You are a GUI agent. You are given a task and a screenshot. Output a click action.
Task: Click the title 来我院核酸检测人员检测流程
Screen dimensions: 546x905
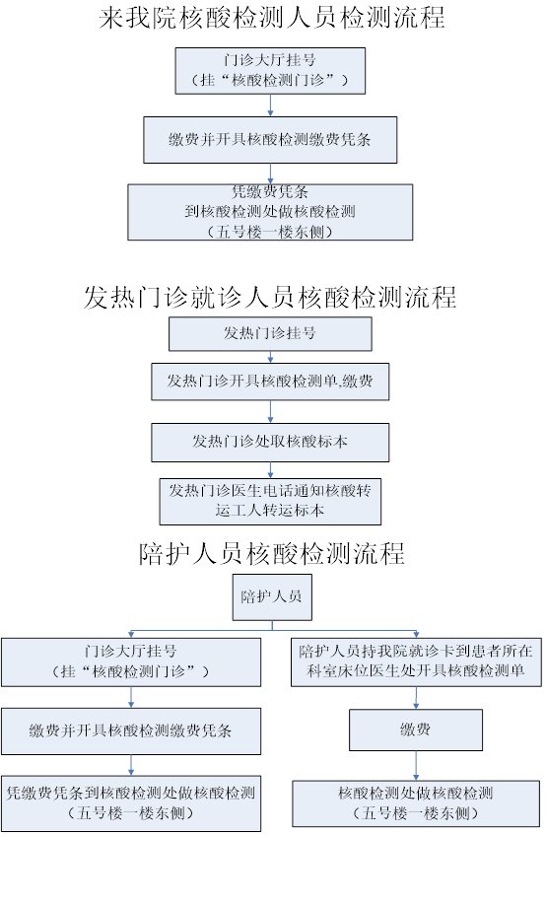pyautogui.click(x=271, y=18)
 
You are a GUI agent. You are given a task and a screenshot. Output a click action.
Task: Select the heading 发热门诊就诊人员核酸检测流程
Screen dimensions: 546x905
pyautogui.click(x=270, y=297)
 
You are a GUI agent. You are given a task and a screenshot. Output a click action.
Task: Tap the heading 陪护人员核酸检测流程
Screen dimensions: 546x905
pyautogui.click(x=271, y=553)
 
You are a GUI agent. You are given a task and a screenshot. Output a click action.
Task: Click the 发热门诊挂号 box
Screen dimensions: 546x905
pyautogui.click(x=270, y=333)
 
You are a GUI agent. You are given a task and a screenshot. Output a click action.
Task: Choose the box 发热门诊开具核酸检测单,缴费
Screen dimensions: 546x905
pyautogui.click(x=270, y=382)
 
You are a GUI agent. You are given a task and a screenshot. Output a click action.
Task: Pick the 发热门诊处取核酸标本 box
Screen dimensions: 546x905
pyautogui.click(x=270, y=443)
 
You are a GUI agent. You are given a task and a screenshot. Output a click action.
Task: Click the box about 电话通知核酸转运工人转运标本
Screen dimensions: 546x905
pyautogui.click(x=270, y=501)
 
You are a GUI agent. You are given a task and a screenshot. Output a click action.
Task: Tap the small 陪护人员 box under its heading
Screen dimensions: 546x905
pyautogui.click(x=272, y=596)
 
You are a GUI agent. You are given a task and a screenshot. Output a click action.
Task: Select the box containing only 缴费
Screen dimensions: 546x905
pyautogui.click(x=416, y=730)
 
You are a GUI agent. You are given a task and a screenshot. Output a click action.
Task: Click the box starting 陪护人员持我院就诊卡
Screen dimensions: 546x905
pyautogui.click(x=416, y=661)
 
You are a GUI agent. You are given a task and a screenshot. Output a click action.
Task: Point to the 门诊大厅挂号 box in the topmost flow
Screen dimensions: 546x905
pyautogui.click(x=270, y=71)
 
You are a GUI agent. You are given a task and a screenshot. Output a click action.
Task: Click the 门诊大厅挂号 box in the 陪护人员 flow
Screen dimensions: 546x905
pyautogui.click(x=131, y=661)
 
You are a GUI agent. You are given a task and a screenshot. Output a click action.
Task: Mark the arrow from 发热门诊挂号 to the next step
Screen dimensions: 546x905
pyautogui.click(x=270, y=357)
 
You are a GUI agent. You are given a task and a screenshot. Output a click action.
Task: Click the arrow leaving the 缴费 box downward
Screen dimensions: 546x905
pyautogui.click(x=416, y=765)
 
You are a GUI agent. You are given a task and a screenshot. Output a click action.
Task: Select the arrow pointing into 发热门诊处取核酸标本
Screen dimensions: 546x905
pyautogui.click(x=270, y=412)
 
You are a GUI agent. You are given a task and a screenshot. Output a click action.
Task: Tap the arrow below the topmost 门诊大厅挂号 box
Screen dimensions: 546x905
pyautogui.click(x=270, y=105)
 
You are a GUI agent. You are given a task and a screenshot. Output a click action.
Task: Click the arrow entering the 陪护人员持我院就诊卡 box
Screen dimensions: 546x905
pyautogui.click(x=416, y=634)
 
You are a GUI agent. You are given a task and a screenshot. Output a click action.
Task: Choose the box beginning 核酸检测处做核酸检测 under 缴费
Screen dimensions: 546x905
pyautogui.click(x=416, y=803)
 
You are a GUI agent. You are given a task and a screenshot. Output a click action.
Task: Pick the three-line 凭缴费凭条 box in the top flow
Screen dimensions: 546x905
pyautogui.click(x=270, y=212)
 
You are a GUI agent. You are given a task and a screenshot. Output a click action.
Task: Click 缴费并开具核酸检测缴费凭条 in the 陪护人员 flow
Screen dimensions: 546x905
pyautogui.click(x=131, y=731)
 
